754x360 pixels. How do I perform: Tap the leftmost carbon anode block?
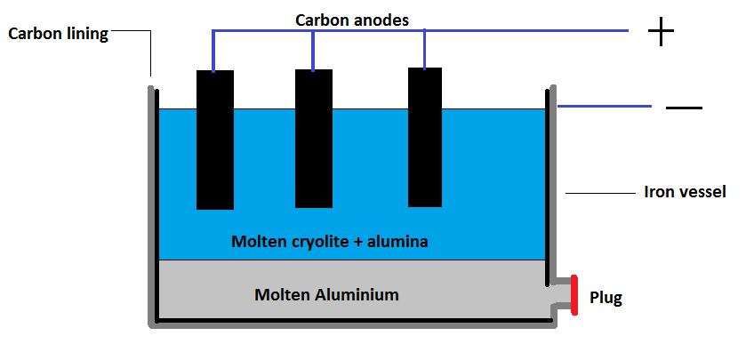coord(214,140)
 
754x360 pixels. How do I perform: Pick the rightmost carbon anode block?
coord(425,137)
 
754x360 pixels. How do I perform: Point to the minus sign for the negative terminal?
coord(684,108)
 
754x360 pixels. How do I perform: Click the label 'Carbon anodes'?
coord(353,20)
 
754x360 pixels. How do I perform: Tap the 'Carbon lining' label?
coord(58,35)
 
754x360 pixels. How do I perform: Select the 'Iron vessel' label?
coord(685,192)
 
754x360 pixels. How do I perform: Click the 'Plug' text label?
coord(606,298)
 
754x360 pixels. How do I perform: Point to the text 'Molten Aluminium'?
coord(326,294)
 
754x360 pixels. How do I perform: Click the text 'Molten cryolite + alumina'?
coord(330,242)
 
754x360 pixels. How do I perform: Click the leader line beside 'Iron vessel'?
coord(598,193)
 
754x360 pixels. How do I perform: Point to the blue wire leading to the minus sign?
coord(605,105)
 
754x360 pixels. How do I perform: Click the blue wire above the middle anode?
coord(313,50)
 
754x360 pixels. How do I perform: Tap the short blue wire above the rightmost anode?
coord(425,49)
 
